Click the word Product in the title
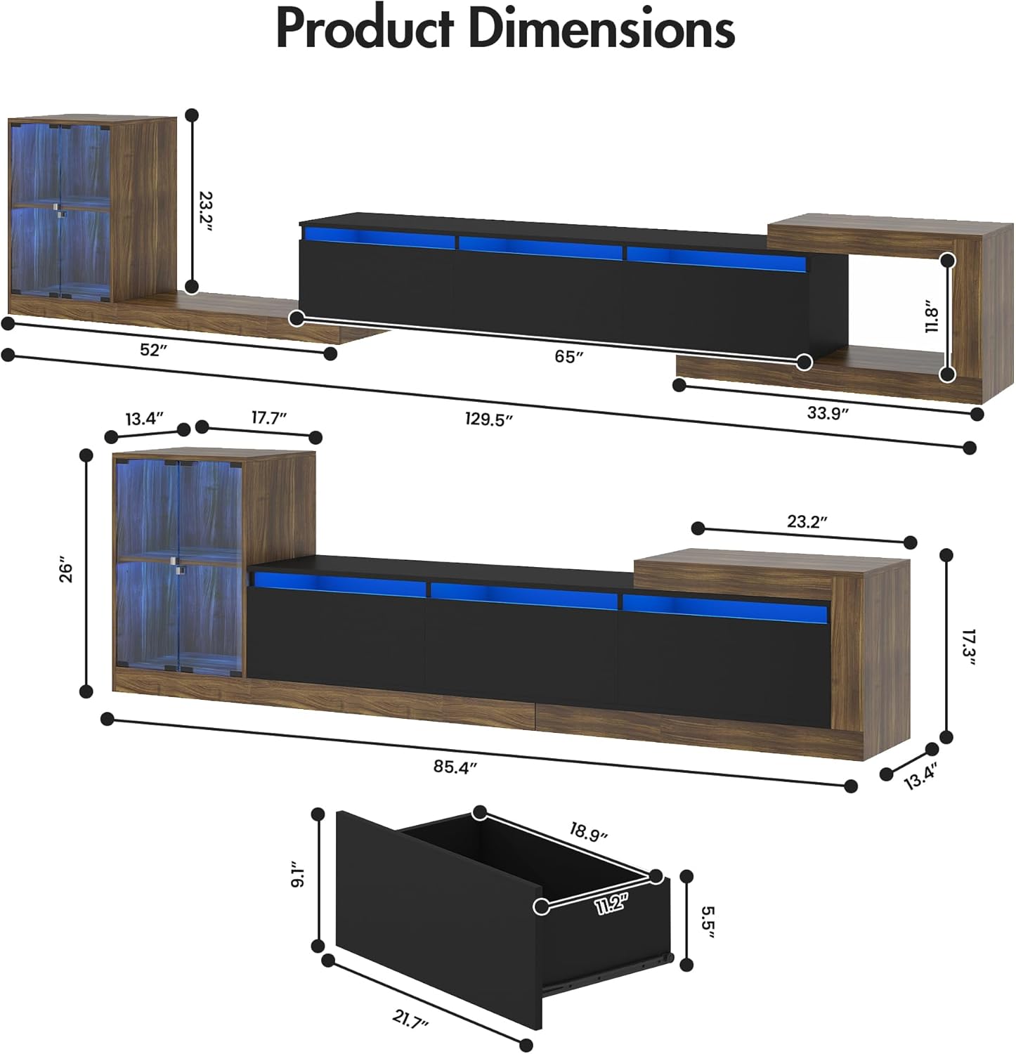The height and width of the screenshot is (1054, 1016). coord(365,30)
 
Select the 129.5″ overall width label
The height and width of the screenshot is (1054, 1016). coord(488,419)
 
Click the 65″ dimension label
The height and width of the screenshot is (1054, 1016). coord(568,356)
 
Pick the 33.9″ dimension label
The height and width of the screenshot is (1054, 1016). coord(828,412)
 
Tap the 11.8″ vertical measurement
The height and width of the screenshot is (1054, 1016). coord(931,318)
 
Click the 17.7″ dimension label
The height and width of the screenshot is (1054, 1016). coord(269,418)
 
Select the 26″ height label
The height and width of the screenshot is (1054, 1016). coord(66,571)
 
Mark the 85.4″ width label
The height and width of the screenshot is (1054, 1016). coord(455,767)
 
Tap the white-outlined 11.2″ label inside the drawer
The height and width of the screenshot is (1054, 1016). coord(611,904)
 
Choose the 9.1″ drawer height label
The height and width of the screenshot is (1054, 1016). coord(298,874)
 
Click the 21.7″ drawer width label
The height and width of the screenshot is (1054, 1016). coord(410,1019)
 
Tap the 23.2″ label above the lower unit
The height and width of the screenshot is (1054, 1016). coord(807,521)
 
